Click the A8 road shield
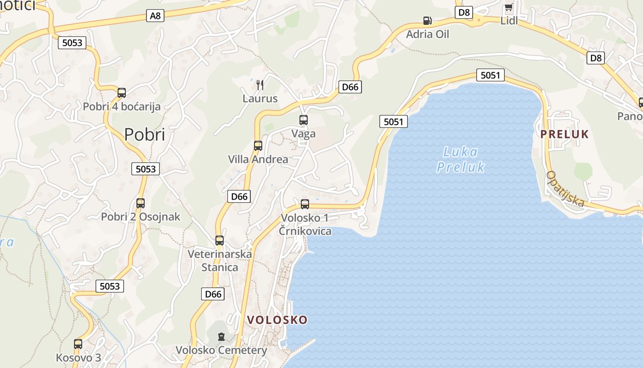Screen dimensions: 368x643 [x=156, y=16]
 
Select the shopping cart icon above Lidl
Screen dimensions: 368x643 [x=508, y=8]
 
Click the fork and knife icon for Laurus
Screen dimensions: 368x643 [x=260, y=85]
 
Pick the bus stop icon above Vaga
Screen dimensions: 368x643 [x=304, y=120]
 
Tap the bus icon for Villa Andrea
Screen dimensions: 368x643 [x=258, y=146]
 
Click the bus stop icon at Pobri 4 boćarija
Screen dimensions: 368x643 [x=122, y=93]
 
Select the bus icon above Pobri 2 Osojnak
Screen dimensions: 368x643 [x=141, y=203]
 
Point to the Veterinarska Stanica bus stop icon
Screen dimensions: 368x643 [x=220, y=240]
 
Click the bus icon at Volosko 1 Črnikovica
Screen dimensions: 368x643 [x=305, y=204]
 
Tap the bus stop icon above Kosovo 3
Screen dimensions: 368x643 [x=78, y=344]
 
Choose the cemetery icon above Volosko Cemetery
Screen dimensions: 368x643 [x=221, y=337]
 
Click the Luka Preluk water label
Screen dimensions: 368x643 [x=461, y=159]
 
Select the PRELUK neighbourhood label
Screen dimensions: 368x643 [x=564, y=134]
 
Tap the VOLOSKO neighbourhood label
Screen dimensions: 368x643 [x=277, y=320]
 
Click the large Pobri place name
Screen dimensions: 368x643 [x=145, y=134]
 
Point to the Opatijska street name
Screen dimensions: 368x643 [x=565, y=189]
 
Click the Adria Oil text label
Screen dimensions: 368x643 [x=428, y=34]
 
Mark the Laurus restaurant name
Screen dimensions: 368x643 [x=260, y=98]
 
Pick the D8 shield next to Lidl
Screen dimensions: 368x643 [x=464, y=12]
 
